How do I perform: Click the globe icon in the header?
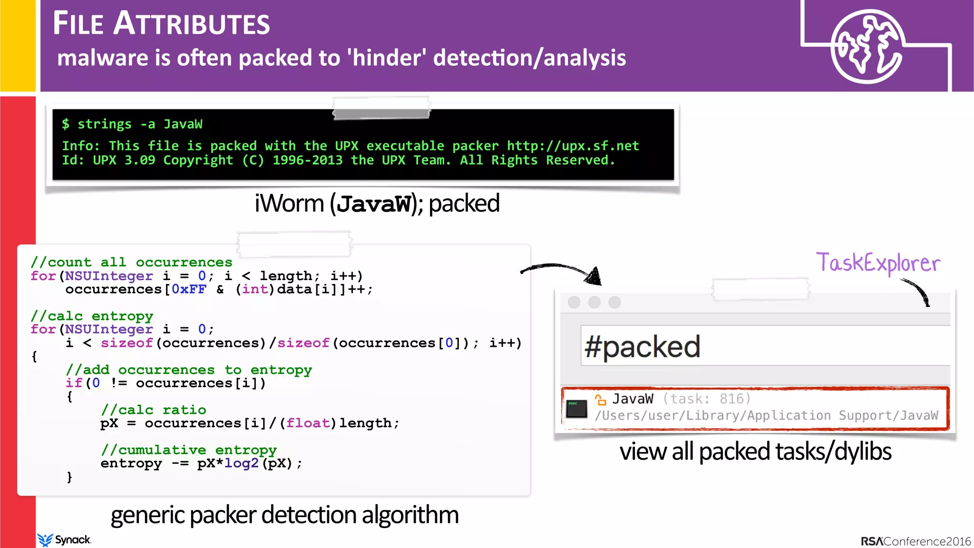tap(867, 46)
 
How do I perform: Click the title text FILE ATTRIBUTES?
tap(161, 23)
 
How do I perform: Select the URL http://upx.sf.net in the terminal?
tap(573, 146)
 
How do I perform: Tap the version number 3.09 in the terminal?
tap(139, 160)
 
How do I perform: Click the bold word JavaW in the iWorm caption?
tap(373, 204)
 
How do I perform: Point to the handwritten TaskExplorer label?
tap(878, 263)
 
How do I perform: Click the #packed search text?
tap(642, 346)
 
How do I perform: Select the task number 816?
tap(735, 399)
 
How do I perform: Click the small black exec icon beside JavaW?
tap(577, 409)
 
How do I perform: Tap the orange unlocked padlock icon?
tap(600, 400)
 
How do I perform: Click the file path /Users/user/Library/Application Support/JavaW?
tap(766, 416)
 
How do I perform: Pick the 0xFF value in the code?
tap(189, 289)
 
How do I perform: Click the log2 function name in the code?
tap(241, 463)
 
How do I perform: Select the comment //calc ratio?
tap(153, 410)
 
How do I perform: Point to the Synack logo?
tap(64, 539)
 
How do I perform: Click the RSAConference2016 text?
tap(916, 541)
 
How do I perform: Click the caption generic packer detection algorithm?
tap(284, 515)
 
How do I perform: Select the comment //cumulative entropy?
tap(188, 450)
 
